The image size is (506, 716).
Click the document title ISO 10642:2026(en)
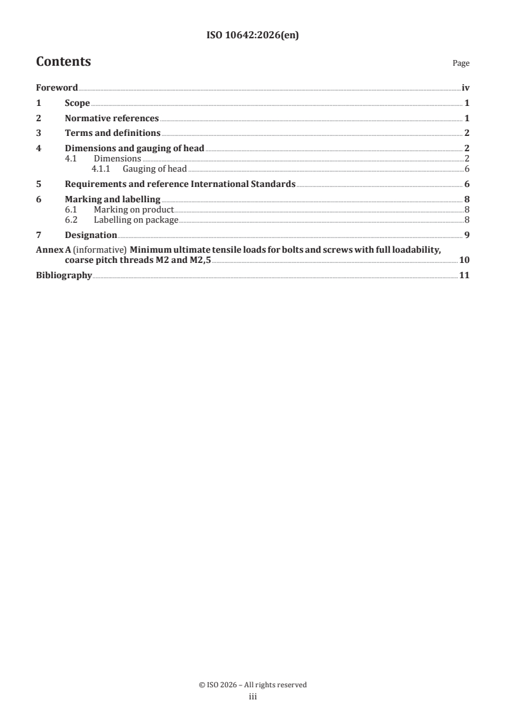tap(253, 36)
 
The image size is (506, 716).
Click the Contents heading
tap(63, 62)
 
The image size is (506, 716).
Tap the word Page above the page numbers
tap(461, 64)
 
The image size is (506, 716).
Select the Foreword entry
tap(57, 88)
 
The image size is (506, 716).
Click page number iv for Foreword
tap(465, 88)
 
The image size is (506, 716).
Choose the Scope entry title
tap(77, 103)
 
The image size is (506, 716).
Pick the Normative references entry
tap(112, 118)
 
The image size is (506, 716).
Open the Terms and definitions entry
tap(112, 133)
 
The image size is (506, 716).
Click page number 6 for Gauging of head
tap(467, 169)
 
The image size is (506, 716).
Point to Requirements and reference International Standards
tap(180, 184)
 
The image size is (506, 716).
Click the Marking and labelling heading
tap(112, 200)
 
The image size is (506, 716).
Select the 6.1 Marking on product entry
tap(133, 209)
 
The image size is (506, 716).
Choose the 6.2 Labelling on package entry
tap(135, 220)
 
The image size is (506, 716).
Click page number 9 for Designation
tap(467, 235)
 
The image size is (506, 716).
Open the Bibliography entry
tap(64, 276)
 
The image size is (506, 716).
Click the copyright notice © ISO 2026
tap(253, 685)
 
